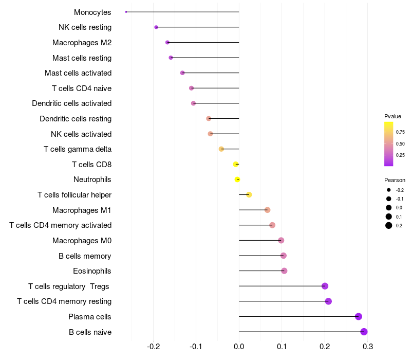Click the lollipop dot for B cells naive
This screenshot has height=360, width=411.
click(x=364, y=332)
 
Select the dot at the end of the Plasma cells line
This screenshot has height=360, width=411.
click(x=359, y=317)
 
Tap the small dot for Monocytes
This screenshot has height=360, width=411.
click(x=126, y=12)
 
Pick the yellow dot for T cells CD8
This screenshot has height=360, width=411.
click(x=236, y=165)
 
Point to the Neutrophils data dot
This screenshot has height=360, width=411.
click(x=237, y=179)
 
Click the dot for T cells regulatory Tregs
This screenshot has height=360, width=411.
click(x=325, y=286)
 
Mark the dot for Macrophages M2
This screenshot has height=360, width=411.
click(x=167, y=42)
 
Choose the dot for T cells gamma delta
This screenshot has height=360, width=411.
click(x=221, y=149)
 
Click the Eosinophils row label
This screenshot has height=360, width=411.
click(x=92, y=271)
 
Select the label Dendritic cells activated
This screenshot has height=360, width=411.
click(x=72, y=103)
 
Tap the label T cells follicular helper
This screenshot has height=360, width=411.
click(x=74, y=195)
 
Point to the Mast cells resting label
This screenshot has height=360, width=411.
click(x=82, y=58)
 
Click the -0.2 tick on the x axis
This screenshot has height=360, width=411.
click(x=154, y=348)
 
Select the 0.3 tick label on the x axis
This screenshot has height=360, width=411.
click(x=368, y=348)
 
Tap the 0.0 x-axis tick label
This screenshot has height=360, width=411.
click(x=239, y=348)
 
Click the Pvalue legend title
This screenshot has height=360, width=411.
click(x=393, y=116)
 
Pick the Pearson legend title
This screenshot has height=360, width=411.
click(x=395, y=180)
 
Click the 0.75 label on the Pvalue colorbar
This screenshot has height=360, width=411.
click(x=400, y=132)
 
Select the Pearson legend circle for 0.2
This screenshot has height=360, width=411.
click(x=389, y=225)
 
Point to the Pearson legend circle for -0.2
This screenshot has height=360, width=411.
click(x=389, y=190)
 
